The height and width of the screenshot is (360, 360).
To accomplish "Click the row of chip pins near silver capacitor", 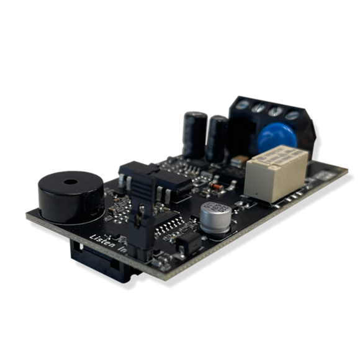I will point(167,230).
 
